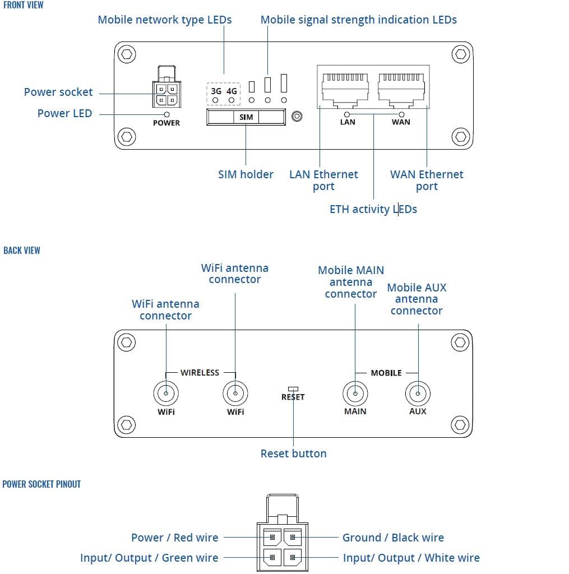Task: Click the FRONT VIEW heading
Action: tap(23, 5)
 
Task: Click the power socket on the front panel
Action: tap(166, 93)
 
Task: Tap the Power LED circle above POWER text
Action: tap(166, 114)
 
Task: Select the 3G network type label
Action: tap(216, 91)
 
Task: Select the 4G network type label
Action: tap(232, 91)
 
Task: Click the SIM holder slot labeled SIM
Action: tap(246, 117)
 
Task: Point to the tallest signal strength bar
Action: tap(284, 83)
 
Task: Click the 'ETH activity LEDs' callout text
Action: tap(373, 210)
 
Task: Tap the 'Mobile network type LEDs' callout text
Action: tap(164, 20)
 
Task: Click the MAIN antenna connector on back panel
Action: tap(355, 394)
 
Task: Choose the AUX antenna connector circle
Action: tap(418, 394)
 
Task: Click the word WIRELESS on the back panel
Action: tap(200, 373)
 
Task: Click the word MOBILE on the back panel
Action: tap(386, 373)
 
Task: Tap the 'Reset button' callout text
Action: tap(293, 453)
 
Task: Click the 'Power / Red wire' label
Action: tap(174, 538)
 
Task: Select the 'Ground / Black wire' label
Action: tap(393, 538)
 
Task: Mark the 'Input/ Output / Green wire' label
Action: tap(149, 558)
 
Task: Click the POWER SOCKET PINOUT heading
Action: tap(41, 484)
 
